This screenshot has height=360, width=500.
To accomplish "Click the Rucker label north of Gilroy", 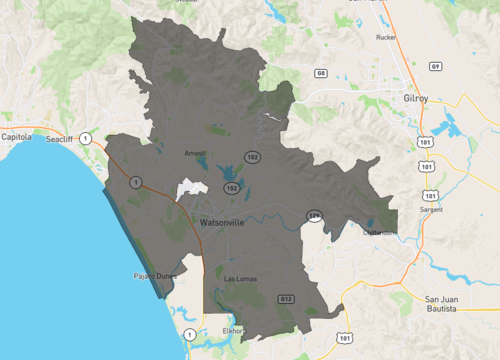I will point(387,37).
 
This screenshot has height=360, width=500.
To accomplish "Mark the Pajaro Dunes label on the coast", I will point(153,275).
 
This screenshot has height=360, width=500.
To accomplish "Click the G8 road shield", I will point(321,73).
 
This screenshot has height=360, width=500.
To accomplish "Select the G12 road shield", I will point(286,298).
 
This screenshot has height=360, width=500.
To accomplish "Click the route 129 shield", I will point(313,214).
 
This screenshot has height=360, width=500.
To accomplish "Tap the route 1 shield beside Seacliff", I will point(86,137).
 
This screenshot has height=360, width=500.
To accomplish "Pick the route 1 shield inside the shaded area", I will point(135,181).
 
